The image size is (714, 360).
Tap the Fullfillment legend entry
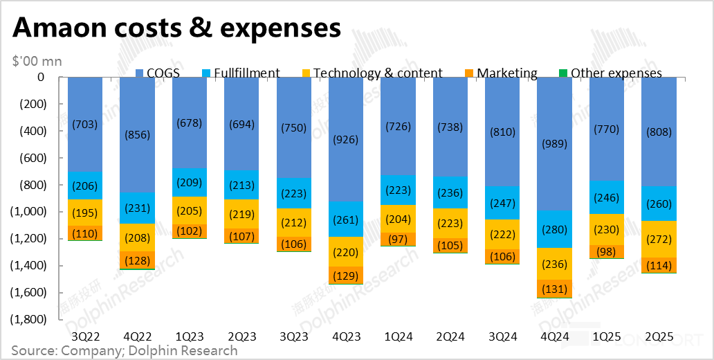coord(241,73)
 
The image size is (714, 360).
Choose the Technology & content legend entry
coord(372,73)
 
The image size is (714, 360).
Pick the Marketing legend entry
coord(500,73)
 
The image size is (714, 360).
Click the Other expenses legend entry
coord(610,73)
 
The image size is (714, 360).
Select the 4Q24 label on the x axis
coord(554,336)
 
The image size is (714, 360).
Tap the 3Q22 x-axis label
coord(85,336)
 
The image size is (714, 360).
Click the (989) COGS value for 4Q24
coord(554,143)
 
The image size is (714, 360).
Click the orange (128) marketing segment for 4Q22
coord(137,260)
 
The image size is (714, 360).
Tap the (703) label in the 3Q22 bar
coord(85,124)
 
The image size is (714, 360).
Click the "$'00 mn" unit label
coord(37,61)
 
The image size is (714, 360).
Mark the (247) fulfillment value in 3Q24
coord(502,204)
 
